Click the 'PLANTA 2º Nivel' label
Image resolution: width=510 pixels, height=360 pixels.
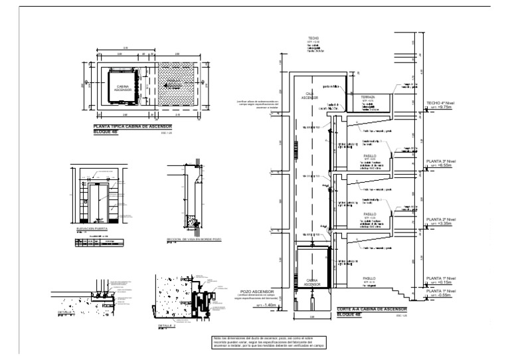pyautogui.click(x=440, y=219)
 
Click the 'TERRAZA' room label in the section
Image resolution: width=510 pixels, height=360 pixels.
pyautogui.click(x=369, y=97)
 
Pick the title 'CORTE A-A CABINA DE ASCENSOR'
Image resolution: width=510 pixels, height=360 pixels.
pyautogui.click(x=371, y=310)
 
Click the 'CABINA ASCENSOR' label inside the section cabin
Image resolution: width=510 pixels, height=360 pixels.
pyautogui.click(x=311, y=282)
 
